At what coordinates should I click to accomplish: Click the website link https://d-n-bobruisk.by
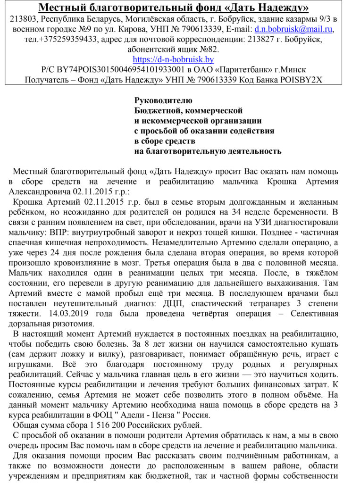click(x=173, y=59)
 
